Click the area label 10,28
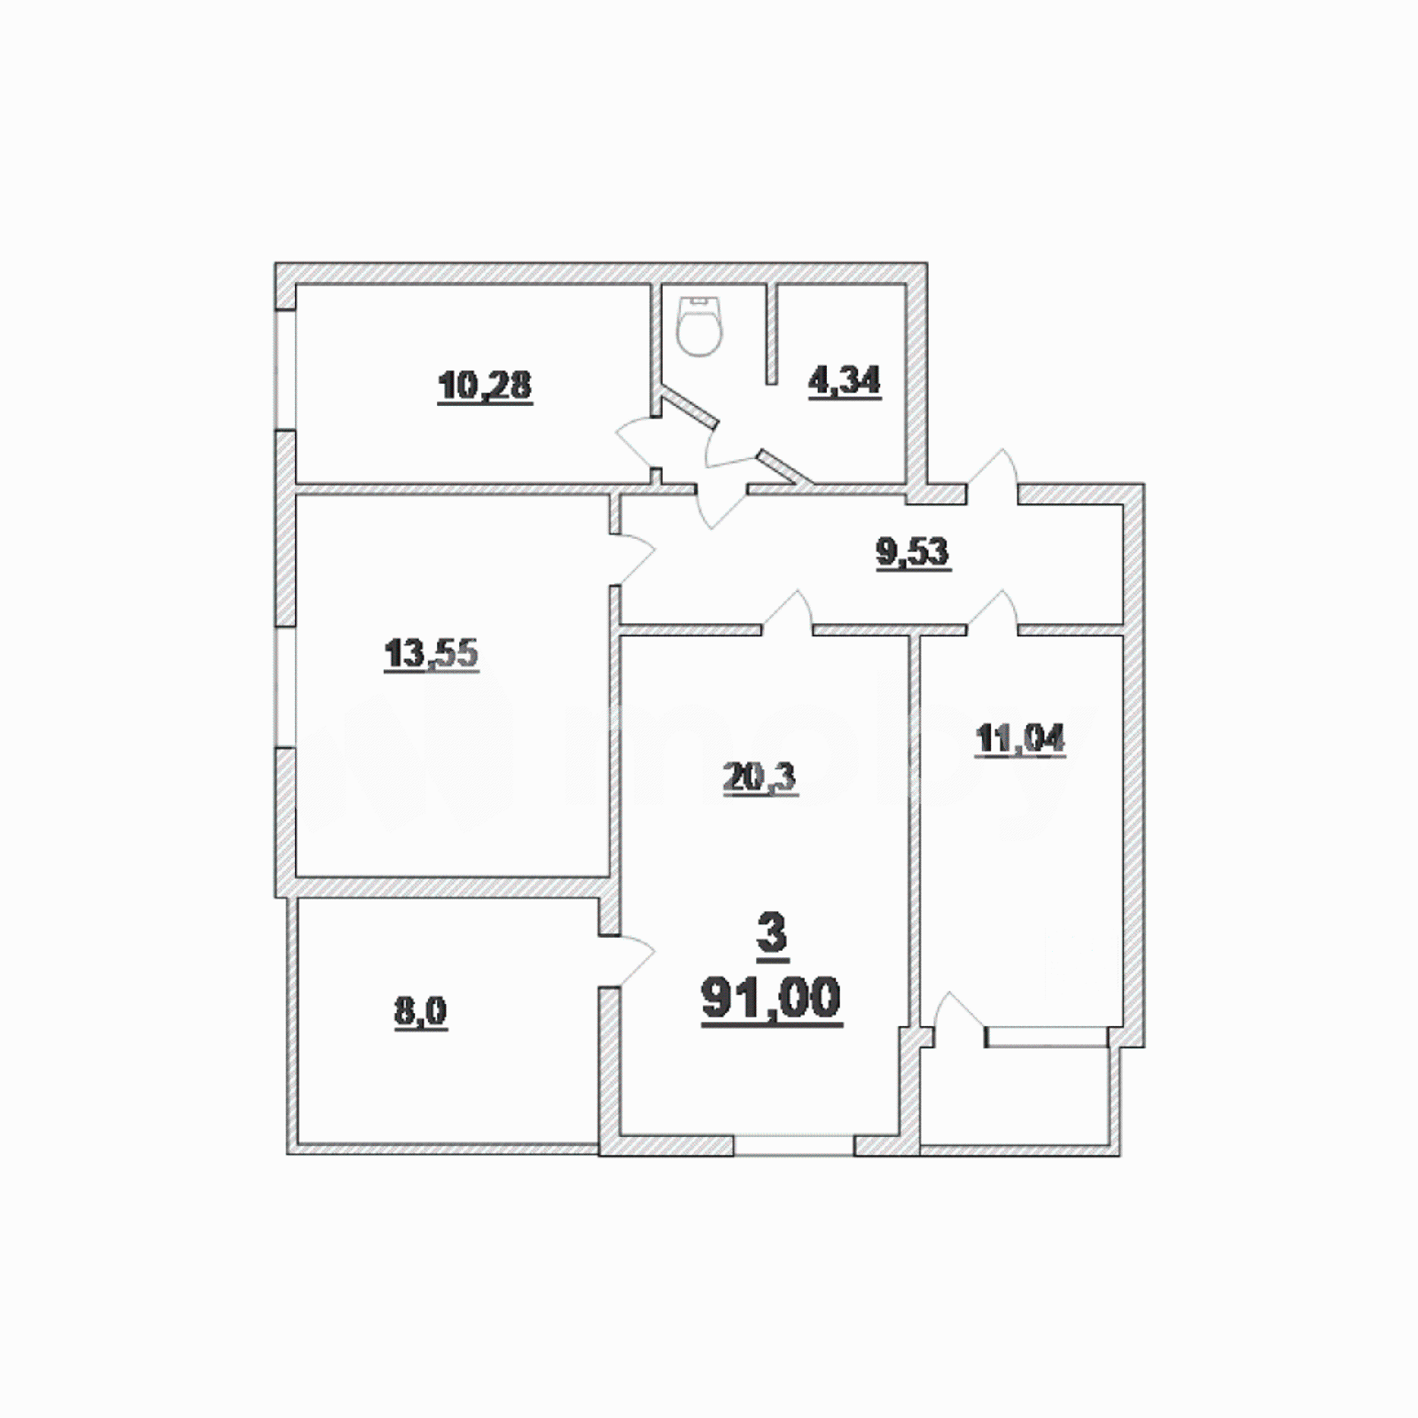coord(485,386)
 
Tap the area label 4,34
coord(844,381)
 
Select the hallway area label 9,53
coord(913,552)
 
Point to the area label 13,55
coord(431,654)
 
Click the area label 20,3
coord(760,778)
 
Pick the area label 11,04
coord(1020,738)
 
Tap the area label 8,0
coord(420,1011)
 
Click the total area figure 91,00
coord(771,999)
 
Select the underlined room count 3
coord(772,933)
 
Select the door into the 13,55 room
coord(633,558)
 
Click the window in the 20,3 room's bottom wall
coord(793,1145)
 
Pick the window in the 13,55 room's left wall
coord(285,688)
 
